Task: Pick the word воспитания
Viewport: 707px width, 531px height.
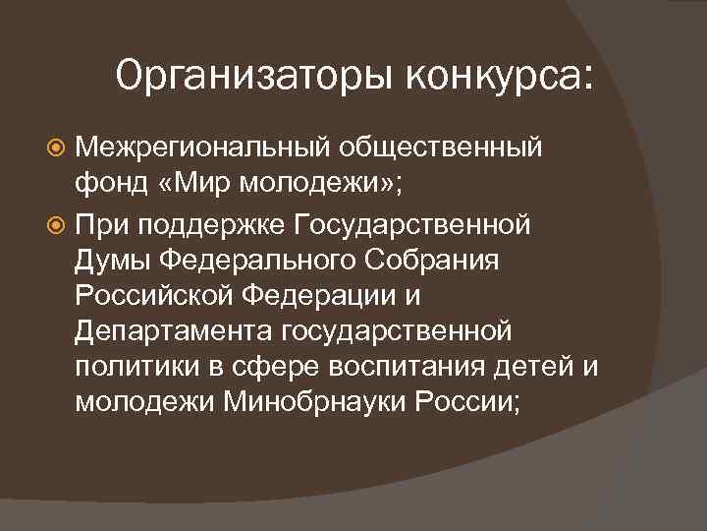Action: click(417, 367)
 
